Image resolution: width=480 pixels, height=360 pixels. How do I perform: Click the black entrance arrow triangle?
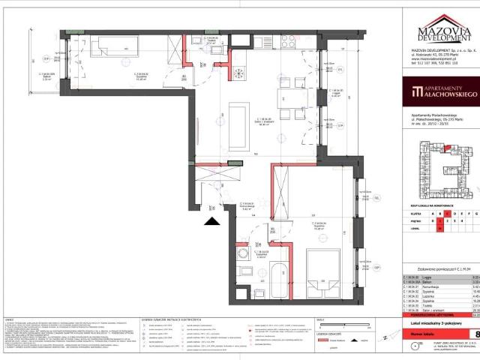[213, 220]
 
